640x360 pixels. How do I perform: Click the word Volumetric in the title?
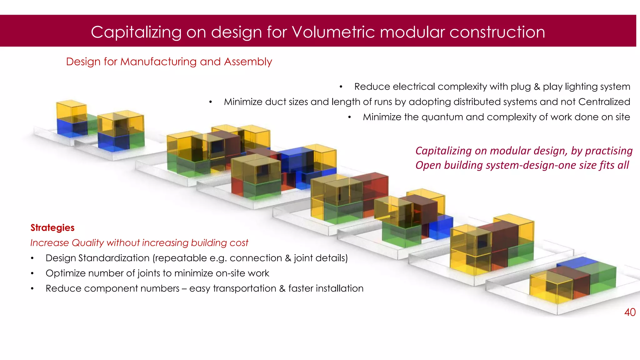333,32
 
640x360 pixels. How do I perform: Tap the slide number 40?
630,312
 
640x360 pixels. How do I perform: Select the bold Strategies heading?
52,227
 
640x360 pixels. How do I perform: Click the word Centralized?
604,102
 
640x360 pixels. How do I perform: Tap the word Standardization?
114,258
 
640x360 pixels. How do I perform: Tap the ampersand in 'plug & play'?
537,87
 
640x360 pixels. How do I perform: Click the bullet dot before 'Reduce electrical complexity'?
341,87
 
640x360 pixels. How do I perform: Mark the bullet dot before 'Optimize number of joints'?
32,273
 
